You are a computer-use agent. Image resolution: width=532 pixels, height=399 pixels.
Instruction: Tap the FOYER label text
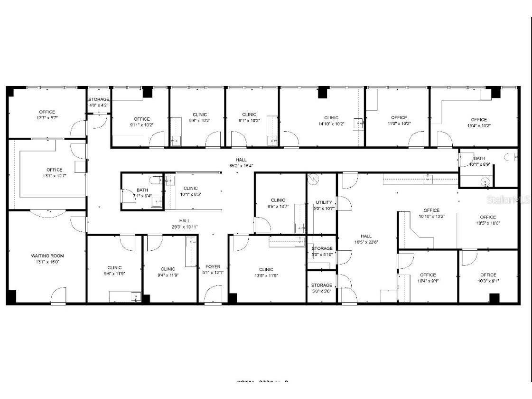point(213,266)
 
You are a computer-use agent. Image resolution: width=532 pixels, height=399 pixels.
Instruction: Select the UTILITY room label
point(324,202)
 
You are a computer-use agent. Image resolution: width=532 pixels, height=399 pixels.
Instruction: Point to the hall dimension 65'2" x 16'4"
point(241,166)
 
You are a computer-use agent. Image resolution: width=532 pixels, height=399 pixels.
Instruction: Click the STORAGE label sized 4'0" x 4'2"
point(99,99)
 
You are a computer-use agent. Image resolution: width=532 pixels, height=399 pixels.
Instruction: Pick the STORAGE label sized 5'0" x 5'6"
point(321,285)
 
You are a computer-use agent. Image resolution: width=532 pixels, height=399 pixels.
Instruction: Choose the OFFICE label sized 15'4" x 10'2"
point(478,120)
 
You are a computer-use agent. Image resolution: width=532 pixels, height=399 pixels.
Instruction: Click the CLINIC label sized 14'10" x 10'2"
point(331,118)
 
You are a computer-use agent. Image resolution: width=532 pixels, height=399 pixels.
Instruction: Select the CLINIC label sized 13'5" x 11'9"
point(266,270)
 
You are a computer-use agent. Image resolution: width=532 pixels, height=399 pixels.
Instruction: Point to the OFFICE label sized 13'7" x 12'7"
point(54,170)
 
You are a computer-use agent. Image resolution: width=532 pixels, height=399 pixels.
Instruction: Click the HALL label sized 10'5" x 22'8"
point(366,236)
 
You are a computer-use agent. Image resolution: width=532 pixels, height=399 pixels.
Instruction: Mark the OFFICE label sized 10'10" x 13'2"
point(431,210)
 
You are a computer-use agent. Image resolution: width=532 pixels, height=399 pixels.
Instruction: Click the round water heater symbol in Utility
point(313,179)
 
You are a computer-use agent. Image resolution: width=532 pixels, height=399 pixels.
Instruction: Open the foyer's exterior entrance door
point(213,294)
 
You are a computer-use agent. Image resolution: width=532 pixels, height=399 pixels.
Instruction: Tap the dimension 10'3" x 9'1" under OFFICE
point(488,281)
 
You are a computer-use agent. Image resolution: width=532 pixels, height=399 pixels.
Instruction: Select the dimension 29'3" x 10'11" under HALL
point(185,227)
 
